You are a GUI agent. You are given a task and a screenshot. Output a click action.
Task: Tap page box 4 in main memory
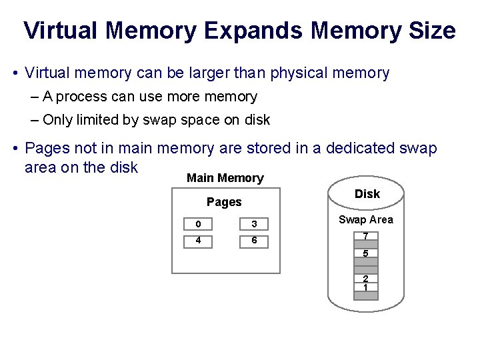tap(198, 241)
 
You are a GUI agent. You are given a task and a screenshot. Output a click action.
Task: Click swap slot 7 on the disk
tap(365, 237)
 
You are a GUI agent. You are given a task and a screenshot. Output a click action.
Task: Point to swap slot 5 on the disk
tap(365, 253)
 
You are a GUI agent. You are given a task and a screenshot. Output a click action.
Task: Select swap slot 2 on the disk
tap(365, 279)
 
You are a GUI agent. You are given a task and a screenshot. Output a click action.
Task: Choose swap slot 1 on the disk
tap(365, 287)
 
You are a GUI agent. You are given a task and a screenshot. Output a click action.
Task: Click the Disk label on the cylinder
tap(367, 194)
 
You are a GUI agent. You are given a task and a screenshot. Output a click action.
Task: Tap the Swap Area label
tap(365, 219)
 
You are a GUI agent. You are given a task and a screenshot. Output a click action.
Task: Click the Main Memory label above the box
tap(225, 178)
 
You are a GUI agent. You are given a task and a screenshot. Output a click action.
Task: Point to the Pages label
tap(224, 202)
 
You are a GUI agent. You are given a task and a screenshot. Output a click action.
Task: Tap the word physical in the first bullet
tap(300, 73)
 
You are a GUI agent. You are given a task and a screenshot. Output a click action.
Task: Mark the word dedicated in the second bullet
tap(355, 148)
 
